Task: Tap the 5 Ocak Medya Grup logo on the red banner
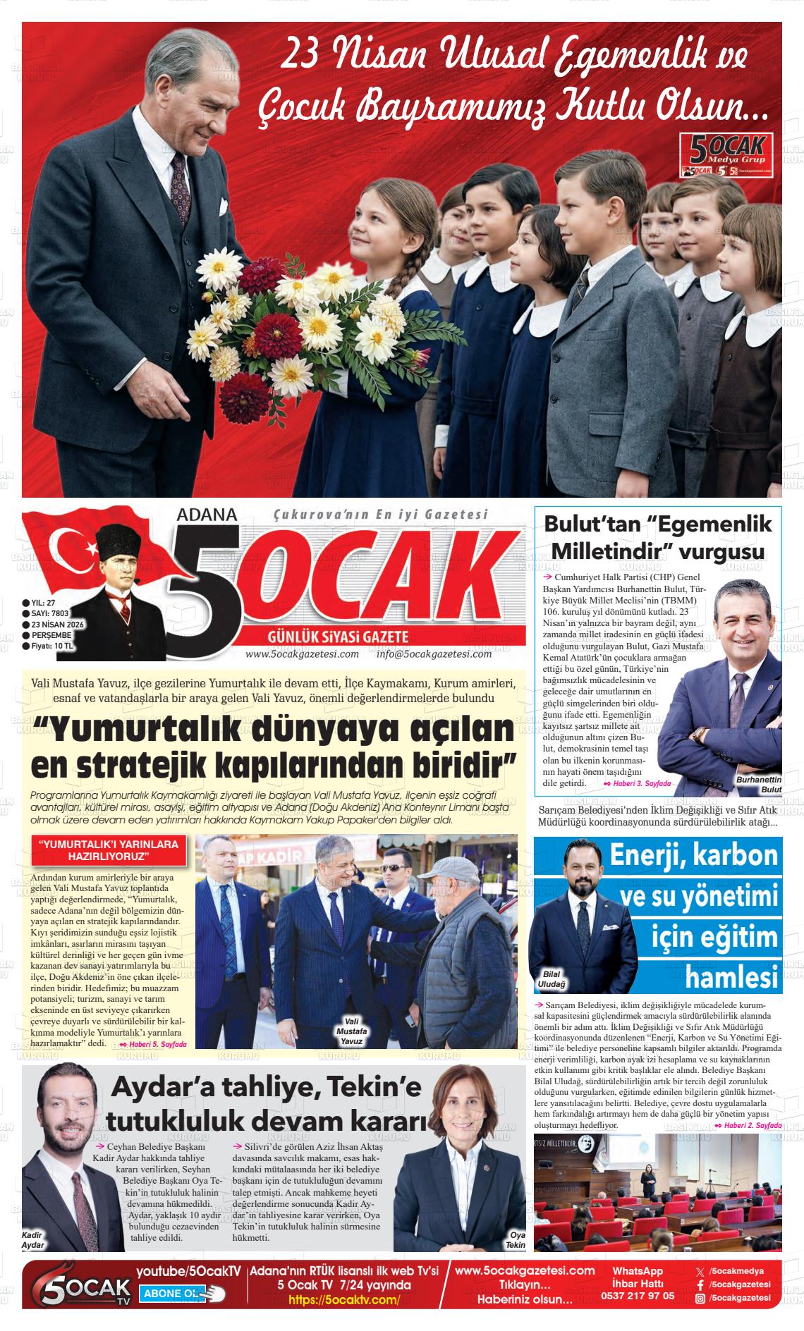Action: (x=727, y=154)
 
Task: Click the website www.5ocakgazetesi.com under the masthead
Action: (x=302, y=654)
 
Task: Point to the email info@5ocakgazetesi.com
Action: (x=434, y=654)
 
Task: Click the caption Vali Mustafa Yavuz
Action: (x=350, y=1030)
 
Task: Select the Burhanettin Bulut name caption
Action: (x=759, y=785)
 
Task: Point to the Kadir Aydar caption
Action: (x=33, y=1240)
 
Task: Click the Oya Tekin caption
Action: (x=516, y=1240)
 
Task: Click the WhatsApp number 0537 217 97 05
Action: (x=637, y=1295)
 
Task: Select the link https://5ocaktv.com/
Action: (x=344, y=1299)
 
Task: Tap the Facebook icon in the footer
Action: (x=700, y=1284)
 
